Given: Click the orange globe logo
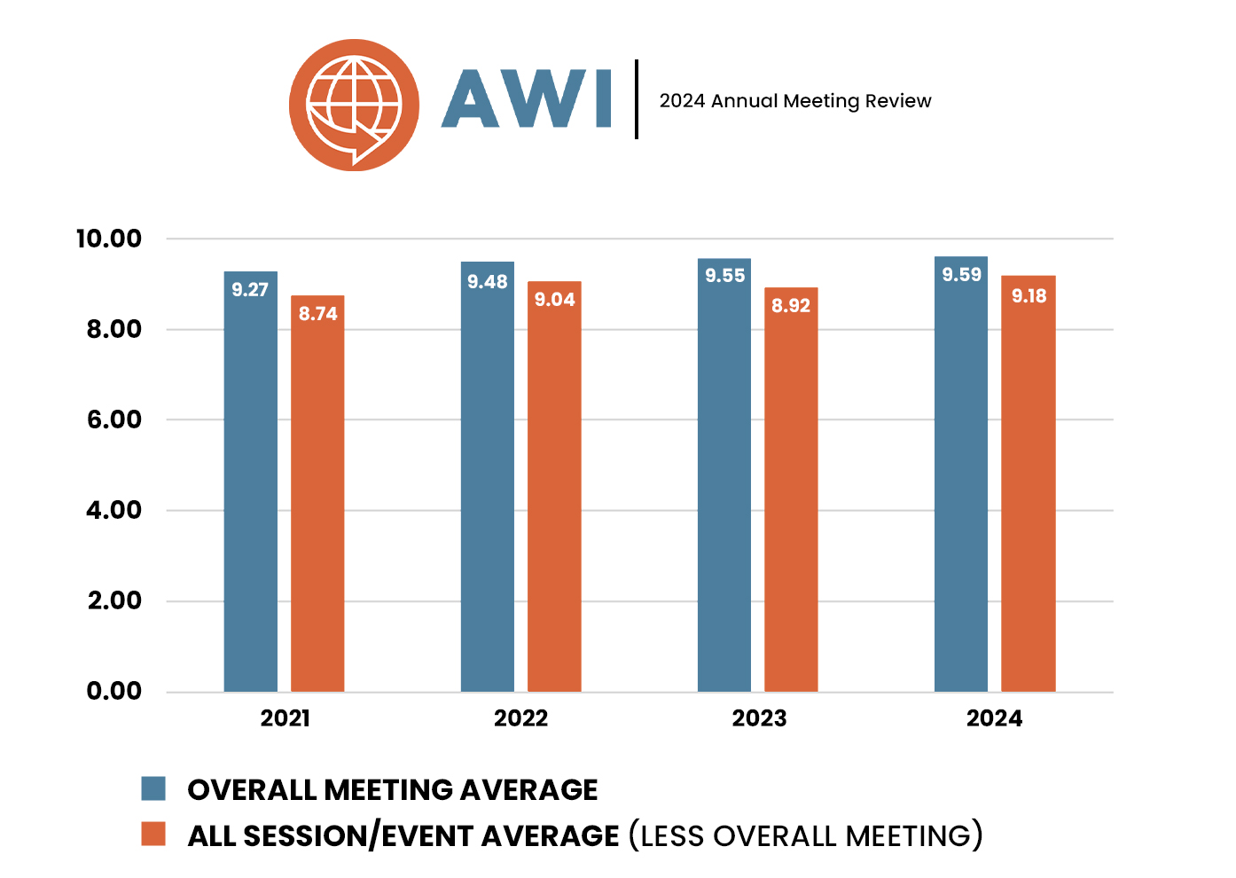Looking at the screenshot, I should [x=354, y=105].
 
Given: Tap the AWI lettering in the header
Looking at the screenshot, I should [x=527, y=98].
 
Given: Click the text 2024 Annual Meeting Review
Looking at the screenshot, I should [x=795, y=101].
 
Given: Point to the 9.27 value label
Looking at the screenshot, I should [x=250, y=290].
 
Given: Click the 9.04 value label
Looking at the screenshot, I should [x=555, y=300].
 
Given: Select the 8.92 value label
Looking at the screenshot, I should [x=791, y=306].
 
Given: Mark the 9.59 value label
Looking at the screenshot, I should [x=962, y=275].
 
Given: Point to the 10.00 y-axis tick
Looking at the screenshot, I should [x=109, y=239].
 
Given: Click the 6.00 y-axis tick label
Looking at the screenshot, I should [x=114, y=419].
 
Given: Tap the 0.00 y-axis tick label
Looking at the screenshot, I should [x=114, y=691].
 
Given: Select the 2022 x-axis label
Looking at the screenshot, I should [x=520, y=718].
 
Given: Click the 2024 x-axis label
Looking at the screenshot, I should [x=994, y=718].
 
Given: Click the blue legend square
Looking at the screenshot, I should [x=153, y=788].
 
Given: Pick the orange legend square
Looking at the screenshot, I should [x=153, y=834].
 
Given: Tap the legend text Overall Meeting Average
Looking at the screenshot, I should [x=393, y=789].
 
